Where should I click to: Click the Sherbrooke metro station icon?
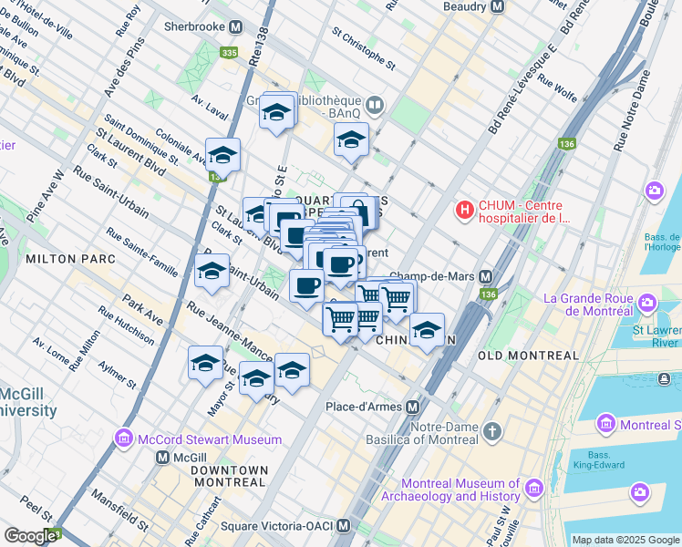(236, 27)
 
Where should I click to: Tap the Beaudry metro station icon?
(497, 6)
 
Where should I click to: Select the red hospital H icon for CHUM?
(466, 211)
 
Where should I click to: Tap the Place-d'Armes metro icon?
(413, 407)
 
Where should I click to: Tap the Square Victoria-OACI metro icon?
(343, 526)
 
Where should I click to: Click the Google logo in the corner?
(29, 536)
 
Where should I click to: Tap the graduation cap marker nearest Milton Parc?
(212, 271)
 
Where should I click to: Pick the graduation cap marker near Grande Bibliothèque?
(350, 140)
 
